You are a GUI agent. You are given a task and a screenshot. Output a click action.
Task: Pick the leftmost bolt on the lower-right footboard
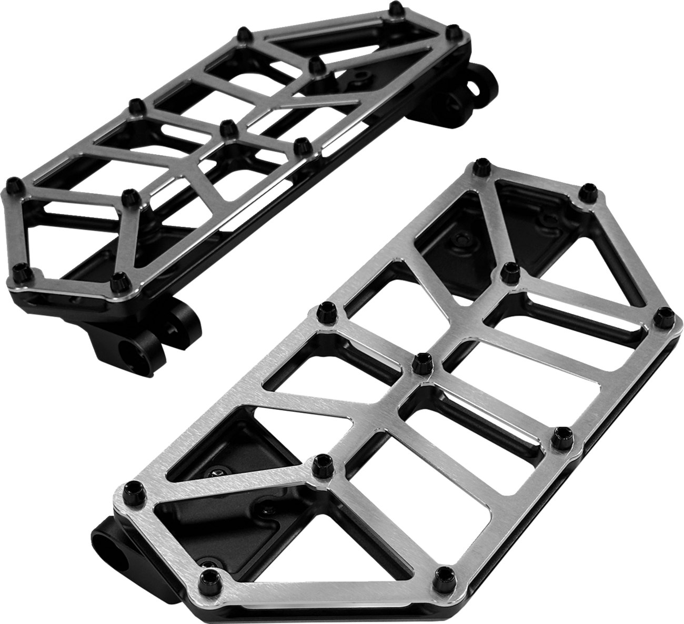pyautogui.click(x=129, y=488)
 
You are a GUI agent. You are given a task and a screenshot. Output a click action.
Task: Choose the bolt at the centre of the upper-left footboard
pyautogui.click(x=227, y=127)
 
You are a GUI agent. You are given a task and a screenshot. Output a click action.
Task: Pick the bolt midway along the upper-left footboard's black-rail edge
pyautogui.click(x=302, y=144)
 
